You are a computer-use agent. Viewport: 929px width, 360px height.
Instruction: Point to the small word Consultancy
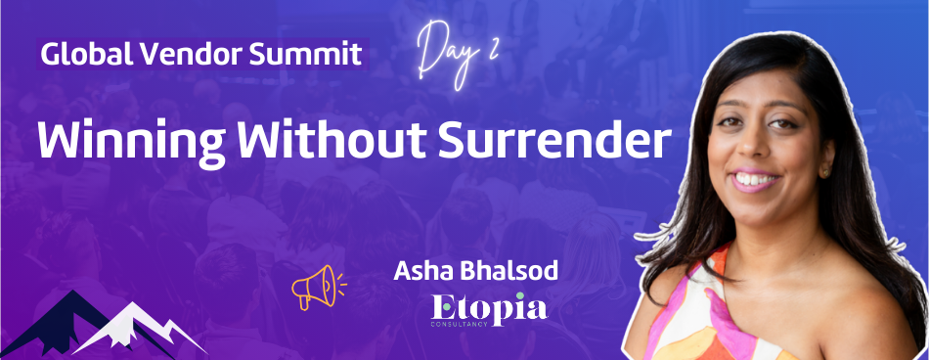click(460, 325)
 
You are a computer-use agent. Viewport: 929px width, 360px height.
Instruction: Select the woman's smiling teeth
click(753, 180)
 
